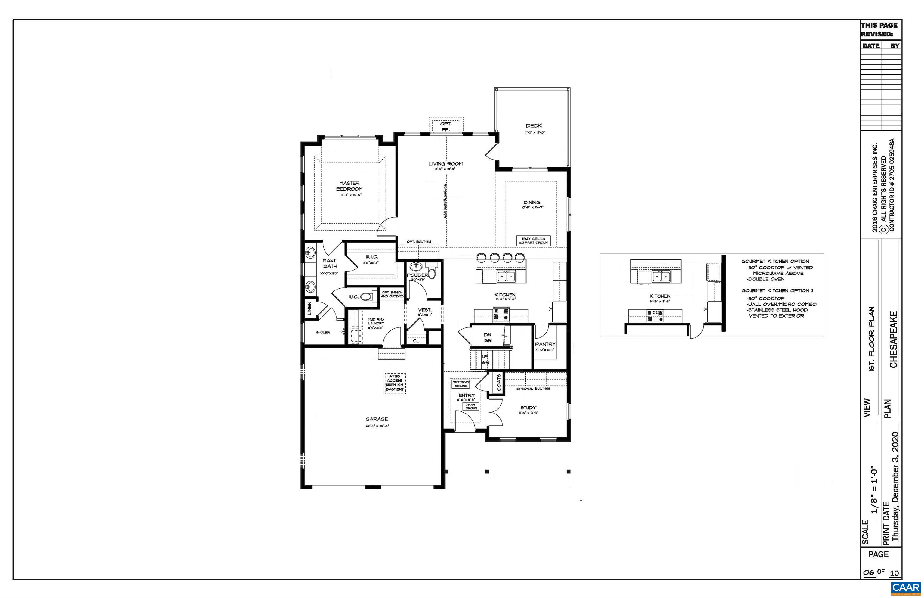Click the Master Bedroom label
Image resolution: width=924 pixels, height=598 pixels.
[349, 186]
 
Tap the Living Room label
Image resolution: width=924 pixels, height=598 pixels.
[445, 164]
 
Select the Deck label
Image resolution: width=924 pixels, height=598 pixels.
[534, 126]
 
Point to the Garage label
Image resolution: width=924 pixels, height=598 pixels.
[377, 419]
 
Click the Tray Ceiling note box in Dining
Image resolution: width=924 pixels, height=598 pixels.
[533, 241]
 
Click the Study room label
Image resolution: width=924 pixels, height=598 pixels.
[528, 408]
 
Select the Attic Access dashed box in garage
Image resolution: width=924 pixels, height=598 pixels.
[395, 384]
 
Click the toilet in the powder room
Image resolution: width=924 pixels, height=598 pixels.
[432, 272]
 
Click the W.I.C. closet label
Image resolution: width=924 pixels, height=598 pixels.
[371, 257]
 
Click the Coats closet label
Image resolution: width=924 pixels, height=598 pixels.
[499, 382]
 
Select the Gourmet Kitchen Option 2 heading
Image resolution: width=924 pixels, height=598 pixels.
[777, 290]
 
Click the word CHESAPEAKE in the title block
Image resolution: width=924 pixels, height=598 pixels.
[893, 339]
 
